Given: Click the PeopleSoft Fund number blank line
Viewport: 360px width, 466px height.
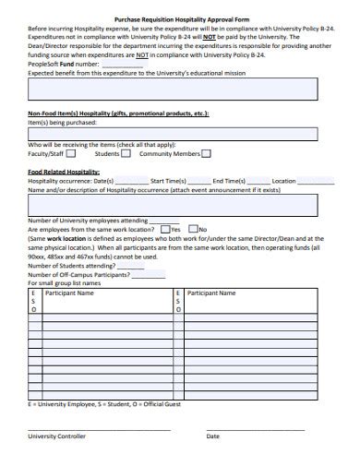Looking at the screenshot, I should coord(121,65).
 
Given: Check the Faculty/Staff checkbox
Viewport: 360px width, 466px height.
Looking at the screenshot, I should coord(71,154).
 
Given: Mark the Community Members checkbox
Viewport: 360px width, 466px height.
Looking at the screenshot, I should coord(206,154).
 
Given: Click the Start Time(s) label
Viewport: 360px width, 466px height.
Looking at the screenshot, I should coord(168,181).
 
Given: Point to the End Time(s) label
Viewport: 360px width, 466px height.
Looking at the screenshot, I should coord(231,181).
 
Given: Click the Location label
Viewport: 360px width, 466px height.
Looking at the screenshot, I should coord(283,181).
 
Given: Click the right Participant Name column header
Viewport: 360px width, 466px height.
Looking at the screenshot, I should coord(211,293).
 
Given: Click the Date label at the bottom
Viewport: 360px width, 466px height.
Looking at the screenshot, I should coord(213,436).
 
